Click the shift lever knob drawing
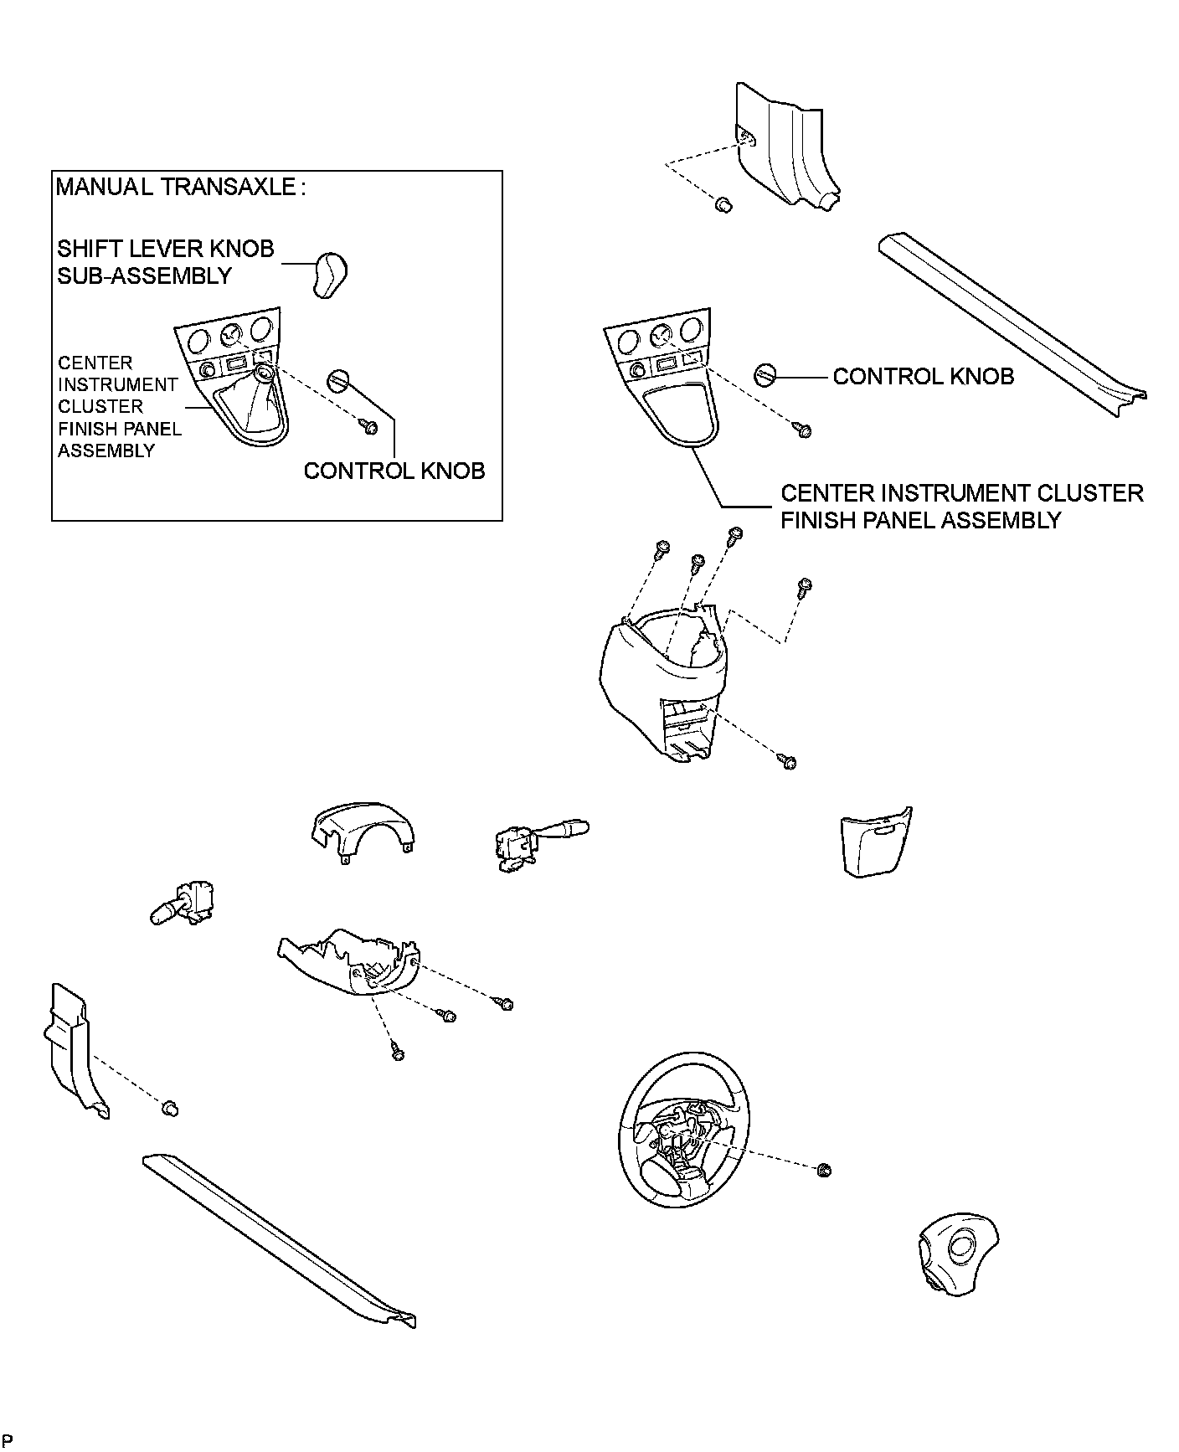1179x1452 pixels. coord(331,273)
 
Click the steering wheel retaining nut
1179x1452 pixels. coord(822,1170)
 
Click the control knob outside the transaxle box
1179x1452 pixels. coord(766,375)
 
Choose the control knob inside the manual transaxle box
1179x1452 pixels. coord(338,379)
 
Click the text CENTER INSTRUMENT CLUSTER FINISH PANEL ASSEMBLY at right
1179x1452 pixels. coord(961,506)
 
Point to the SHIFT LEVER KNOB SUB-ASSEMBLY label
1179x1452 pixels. coord(165,262)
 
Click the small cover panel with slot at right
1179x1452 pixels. coord(876,841)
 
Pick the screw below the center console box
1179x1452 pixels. coord(787,762)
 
